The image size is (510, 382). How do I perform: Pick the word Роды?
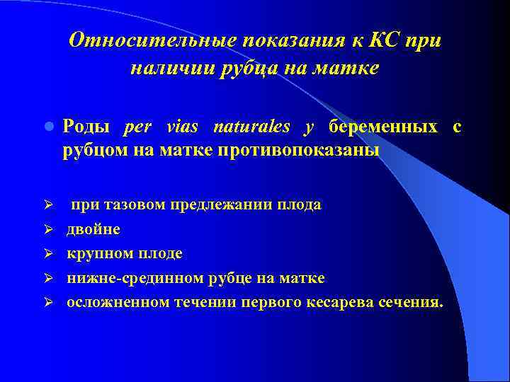[x=86, y=127]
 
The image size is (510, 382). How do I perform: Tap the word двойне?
[x=93, y=230]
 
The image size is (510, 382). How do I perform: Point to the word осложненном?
[x=118, y=302]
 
